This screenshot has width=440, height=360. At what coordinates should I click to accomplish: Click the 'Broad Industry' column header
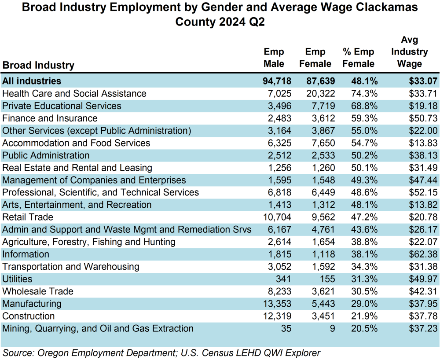(x=38, y=65)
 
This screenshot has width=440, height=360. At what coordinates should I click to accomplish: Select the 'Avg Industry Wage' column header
(x=409, y=52)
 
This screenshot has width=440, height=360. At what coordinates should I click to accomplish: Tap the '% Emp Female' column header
(x=358, y=58)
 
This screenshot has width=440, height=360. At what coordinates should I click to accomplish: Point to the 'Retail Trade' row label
(x=28, y=217)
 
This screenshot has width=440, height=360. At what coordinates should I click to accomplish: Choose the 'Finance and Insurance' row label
(x=50, y=118)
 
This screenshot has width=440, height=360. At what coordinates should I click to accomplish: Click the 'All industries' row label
(x=32, y=81)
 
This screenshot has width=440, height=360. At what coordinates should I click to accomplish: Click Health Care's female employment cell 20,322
(x=318, y=93)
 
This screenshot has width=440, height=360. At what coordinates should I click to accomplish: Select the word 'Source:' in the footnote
(x=18, y=353)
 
